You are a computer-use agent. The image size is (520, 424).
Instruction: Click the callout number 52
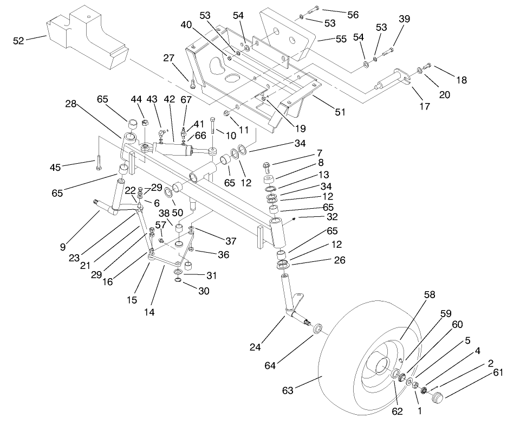[x=19, y=41]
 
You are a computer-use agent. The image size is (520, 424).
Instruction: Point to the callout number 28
[x=70, y=104]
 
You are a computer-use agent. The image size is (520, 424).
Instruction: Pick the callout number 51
[x=340, y=112]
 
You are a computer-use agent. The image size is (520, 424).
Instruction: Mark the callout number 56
[x=353, y=15]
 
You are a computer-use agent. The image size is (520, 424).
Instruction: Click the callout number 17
[x=425, y=106]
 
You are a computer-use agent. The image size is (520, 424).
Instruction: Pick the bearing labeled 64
[x=317, y=329]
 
